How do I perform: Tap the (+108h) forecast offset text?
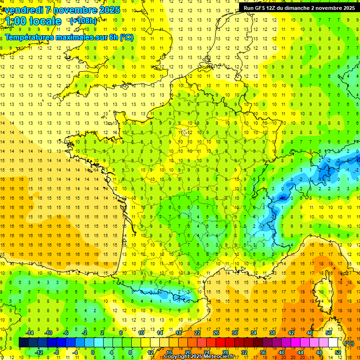click(83, 21)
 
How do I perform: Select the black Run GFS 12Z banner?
click(298, 7)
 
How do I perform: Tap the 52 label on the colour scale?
click(337, 352)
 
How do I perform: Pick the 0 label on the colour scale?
click(93, 352)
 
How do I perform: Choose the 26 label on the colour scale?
click(216, 333)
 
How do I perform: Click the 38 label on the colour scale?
click(272, 333)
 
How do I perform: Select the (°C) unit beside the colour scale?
click(349, 343)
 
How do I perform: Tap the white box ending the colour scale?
click(333, 343)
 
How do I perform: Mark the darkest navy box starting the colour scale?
click(23, 343)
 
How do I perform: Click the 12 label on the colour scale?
click(150, 352)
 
